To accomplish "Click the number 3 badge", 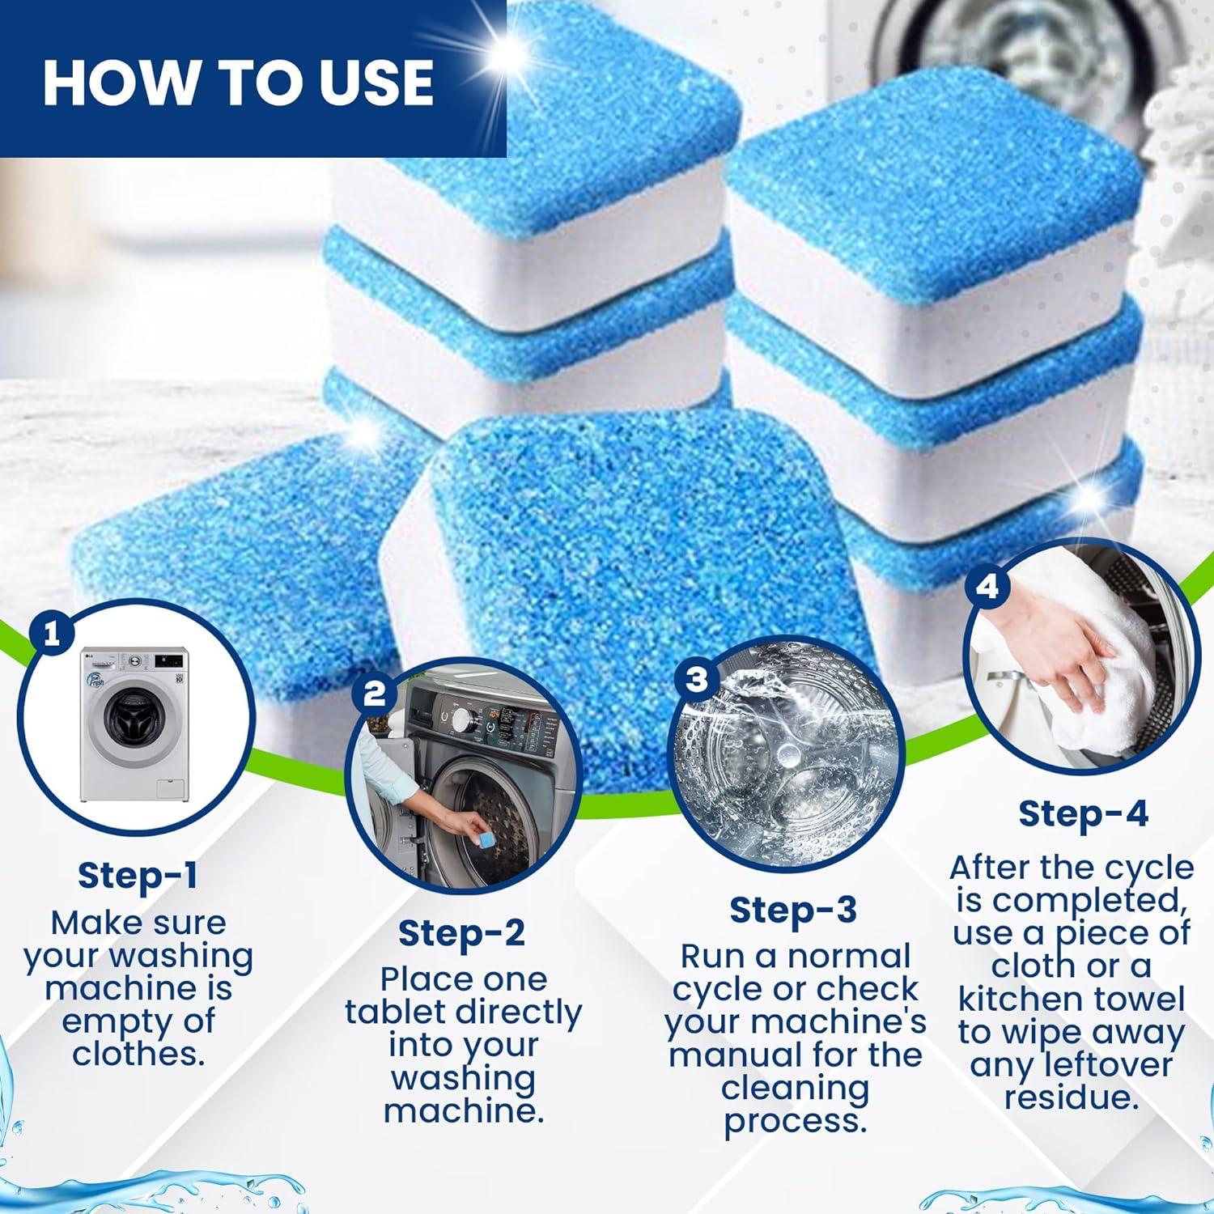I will coord(697,678).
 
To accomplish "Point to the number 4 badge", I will coord(987,586).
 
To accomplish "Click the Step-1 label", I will coord(137,875).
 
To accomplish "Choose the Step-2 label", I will coord(461,933).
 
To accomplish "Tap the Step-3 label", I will coord(792,910).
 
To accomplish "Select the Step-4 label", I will coord(1083,813).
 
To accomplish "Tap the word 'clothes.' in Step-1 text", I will coord(138,1054).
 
